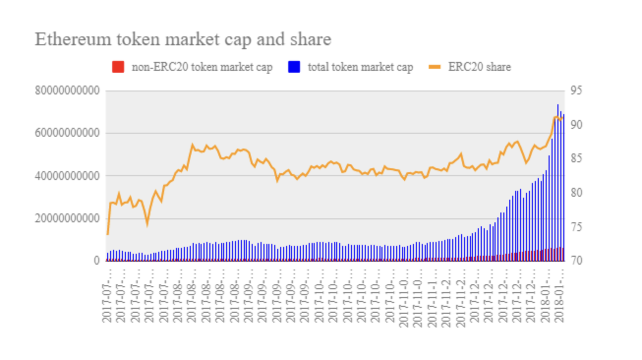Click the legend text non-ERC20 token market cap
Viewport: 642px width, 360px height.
point(202,67)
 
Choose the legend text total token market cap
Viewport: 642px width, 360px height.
point(360,67)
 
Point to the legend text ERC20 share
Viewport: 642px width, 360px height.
point(479,67)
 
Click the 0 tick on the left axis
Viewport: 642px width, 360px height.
point(97,261)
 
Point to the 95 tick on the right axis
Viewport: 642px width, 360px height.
point(576,91)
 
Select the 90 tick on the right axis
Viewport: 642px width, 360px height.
point(576,125)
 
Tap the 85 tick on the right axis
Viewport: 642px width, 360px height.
point(576,159)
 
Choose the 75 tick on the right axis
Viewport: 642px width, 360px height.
point(576,227)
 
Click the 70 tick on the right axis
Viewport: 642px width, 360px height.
point(576,261)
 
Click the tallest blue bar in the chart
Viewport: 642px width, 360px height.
point(558,148)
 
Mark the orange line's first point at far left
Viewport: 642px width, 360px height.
point(108,234)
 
